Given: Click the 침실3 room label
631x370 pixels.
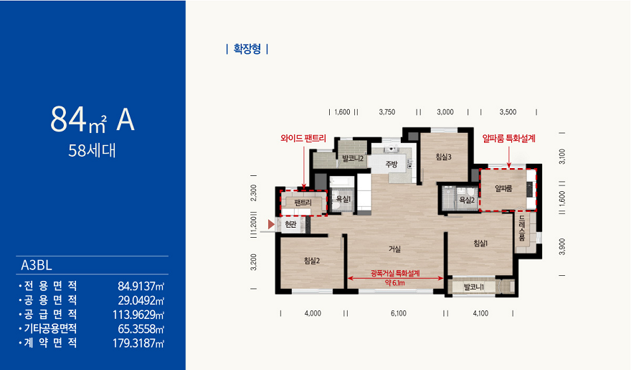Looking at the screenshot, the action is coord(443,157).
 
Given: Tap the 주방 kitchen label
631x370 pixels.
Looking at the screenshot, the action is coord(392,164).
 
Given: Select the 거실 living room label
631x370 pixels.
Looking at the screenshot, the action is coord(394,249).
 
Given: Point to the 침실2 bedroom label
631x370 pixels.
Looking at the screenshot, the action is coord(312,261).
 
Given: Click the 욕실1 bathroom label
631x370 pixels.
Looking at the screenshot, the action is coord(343,199).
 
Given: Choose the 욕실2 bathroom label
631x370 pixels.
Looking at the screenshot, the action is coord(468,200).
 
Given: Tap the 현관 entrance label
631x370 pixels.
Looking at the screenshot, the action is coord(290,224).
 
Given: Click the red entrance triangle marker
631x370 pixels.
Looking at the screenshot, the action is coord(271,224).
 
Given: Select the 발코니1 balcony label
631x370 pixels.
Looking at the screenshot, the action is coord(474,287).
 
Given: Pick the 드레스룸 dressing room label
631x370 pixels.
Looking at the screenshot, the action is coord(522,228).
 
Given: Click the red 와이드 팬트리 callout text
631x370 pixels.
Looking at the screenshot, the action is coord(303,138).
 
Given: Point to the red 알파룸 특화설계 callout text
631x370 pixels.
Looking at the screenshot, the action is coord(509,138).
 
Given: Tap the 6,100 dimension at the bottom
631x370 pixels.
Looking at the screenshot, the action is coord(399,313).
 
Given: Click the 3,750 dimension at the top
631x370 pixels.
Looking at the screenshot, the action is coord(387,112).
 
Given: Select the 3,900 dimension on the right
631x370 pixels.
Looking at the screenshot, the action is coord(563,246).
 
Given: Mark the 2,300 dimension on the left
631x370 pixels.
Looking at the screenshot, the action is coord(253,193).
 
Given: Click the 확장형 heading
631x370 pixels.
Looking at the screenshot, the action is coord(247,49).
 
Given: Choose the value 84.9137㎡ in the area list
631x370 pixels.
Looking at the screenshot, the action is coord(141,286).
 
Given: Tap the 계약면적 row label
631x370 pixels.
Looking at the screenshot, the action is coord(50,343).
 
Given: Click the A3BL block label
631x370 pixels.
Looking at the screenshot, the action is coord(37,265).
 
